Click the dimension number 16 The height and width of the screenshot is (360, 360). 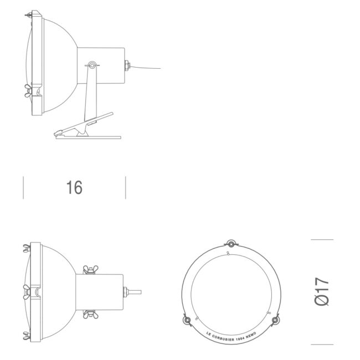click(74, 188)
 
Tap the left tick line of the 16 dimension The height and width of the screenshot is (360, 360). click(23, 188)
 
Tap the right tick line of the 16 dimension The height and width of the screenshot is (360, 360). click(126, 188)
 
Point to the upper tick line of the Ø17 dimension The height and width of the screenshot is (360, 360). click(322, 240)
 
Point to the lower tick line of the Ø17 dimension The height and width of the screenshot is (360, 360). click(322, 344)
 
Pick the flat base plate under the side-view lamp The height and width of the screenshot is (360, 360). click(89, 136)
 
